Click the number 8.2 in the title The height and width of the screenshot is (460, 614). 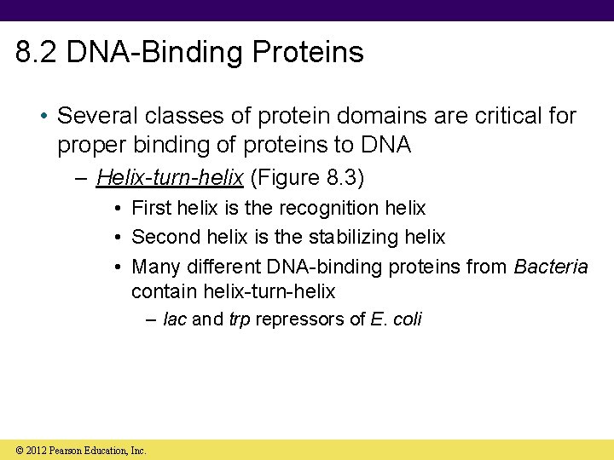tap(37, 52)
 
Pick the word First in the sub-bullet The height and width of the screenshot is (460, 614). tap(151, 208)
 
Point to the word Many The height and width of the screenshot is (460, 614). tap(154, 266)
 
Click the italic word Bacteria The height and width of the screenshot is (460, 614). tap(550, 266)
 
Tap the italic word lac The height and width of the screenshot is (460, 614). tap(174, 319)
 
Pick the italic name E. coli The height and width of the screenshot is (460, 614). tap(396, 319)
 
